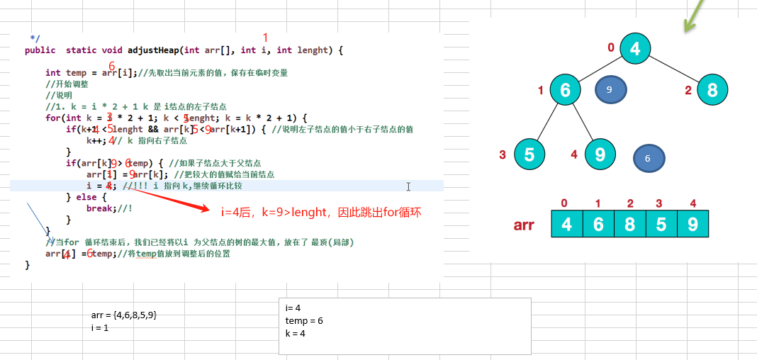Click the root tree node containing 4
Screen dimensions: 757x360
pyautogui.click(x=635, y=48)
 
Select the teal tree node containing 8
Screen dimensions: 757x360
pyautogui.click(x=712, y=90)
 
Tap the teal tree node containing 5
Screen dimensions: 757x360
pyautogui.click(x=529, y=154)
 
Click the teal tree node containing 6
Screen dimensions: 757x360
pyautogui.click(x=565, y=90)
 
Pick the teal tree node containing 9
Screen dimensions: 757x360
pyautogui.click(x=600, y=154)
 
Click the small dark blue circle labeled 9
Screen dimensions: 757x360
pyautogui.click(x=610, y=89)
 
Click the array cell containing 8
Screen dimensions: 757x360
pyautogui.click(x=630, y=223)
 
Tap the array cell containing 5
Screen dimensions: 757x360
pyautogui.click(x=661, y=223)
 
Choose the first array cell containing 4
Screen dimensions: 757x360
pyautogui.click(x=566, y=223)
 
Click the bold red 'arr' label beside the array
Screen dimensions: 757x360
pyautogui.click(x=525, y=225)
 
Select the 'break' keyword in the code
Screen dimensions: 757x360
pyautogui.click(x=101, y=208)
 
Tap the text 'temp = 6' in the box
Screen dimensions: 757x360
pyautogui.click(x=304, y=320)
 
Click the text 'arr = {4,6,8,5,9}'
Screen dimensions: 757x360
pyautogui.click(x=124, y=315)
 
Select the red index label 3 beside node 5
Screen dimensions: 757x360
pyautogui.click(x=502, y=154)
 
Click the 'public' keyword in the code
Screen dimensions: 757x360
pyautogui.click(x=40, y=50)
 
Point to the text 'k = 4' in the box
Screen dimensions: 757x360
pyautogui.click(x=296, y=333)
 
